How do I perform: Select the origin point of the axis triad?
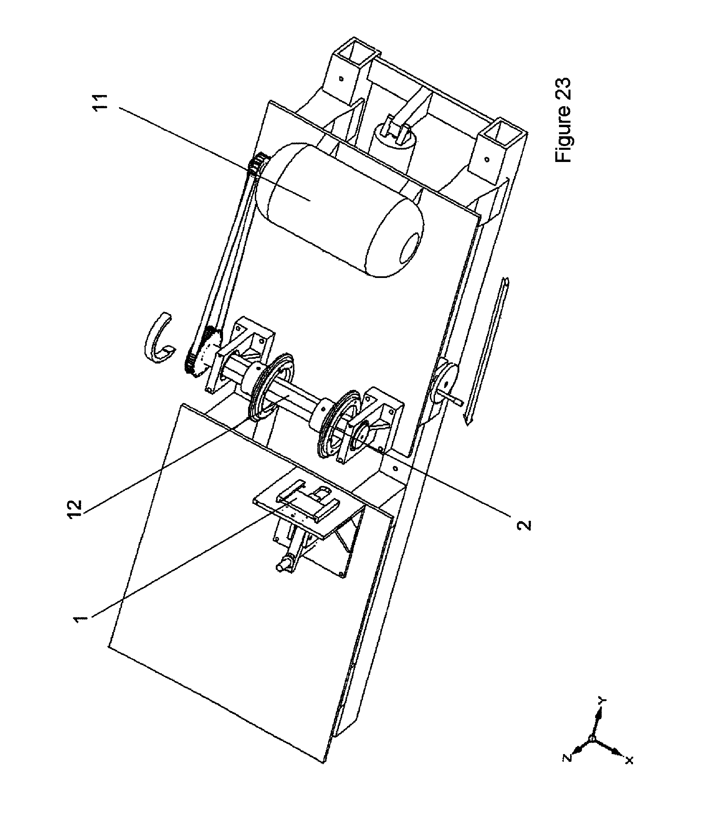pyautogui.click(x=592, y=739)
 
